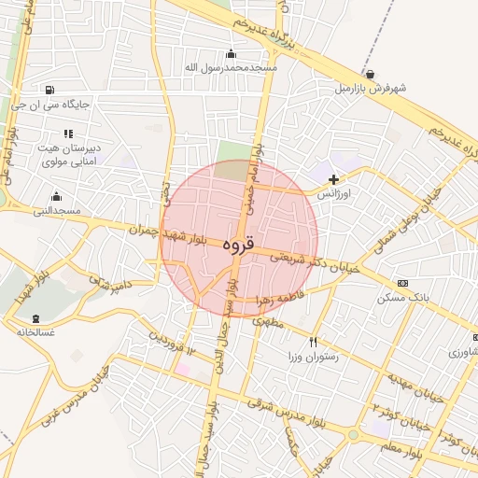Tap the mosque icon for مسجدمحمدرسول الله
coord(232,53)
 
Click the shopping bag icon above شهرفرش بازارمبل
coord(371,74)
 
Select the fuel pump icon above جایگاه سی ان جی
coord(48,90)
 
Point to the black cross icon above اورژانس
coord(333,178)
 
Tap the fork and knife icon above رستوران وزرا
coord(314,342)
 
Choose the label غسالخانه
coord(35,331)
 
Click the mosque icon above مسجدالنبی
coord(56,196)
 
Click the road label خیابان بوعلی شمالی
coord(404,221)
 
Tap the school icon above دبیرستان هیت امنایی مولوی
coord(68,134)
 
